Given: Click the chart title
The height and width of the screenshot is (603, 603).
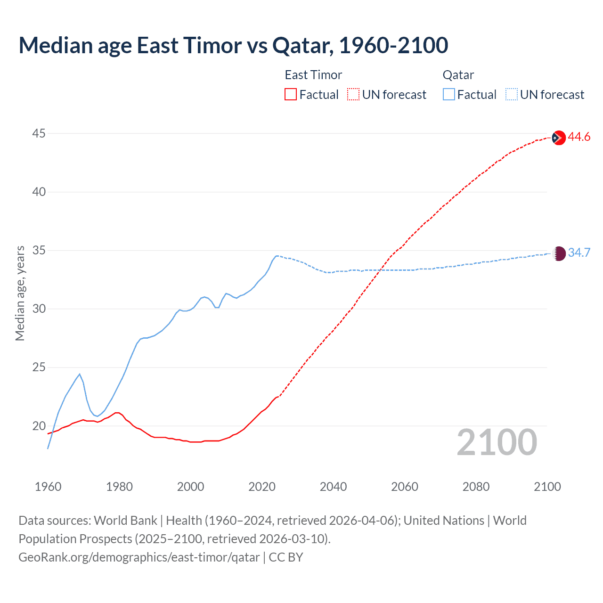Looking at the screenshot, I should (x=233, y=45).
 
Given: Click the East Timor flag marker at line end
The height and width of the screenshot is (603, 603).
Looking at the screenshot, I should (x=558, y=138).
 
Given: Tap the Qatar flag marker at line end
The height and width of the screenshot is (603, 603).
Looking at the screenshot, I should (x=559, y=253).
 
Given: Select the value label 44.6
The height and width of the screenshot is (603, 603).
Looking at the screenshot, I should (x=579, y=137).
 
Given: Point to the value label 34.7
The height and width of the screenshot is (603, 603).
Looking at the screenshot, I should (x=579, y=253).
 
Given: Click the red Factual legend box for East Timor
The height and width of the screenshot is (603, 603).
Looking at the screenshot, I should (x=291, y=95).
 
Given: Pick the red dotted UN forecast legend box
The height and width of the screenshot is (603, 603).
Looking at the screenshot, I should (x=353, y=95).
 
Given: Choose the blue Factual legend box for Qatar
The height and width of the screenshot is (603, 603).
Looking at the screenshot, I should (x=449, y=95).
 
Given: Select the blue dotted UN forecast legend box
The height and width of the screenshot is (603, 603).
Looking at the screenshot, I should (x=511, y=95).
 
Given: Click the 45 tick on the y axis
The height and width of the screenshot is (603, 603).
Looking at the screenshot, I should (x=39, y=134).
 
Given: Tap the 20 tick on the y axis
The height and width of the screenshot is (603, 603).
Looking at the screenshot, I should (x=39, y=426).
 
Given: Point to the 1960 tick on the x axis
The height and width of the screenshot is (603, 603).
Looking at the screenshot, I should (x=48, y=487).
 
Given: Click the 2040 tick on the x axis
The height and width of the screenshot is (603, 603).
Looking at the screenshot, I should (x=333, y=487).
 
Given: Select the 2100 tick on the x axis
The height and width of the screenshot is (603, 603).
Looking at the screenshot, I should (x=547, y=487).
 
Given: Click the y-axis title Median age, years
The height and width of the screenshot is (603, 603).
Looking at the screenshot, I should (x=20, y=293).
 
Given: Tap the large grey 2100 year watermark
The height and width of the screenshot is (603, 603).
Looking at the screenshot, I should (x=497, y=442).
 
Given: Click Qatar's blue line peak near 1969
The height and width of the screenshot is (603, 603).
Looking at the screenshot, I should (x=80, y=374).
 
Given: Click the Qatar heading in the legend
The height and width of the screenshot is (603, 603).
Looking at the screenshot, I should (x=458, y=75).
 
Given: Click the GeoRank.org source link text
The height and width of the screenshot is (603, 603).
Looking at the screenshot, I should (x=139, y=557).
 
